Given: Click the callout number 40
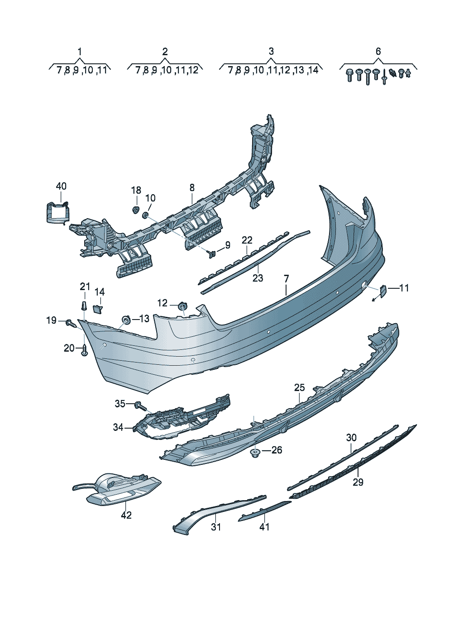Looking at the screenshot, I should [61, 186].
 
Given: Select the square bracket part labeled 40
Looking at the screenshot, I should [57, 213].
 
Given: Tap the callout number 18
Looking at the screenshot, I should [136, 190].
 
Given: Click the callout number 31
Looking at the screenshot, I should [216, 527].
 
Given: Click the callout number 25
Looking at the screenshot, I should [300, 387].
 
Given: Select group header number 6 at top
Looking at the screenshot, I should [378, 51].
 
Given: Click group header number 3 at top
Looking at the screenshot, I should [271, 51].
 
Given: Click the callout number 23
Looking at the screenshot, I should [258, 278].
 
